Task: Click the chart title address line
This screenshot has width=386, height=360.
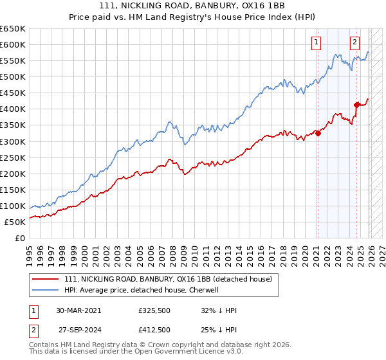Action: tap(192, 7)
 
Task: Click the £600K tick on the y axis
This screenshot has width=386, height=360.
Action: tap(13, 44)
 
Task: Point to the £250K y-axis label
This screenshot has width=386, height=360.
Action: tap(13, 157)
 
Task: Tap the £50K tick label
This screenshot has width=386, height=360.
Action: tap(15, 222)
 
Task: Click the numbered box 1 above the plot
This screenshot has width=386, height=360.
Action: tap(317, 43)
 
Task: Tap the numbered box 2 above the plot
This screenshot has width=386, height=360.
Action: tap(354, 43)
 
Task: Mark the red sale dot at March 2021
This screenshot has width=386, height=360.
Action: tap(318, 133)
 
